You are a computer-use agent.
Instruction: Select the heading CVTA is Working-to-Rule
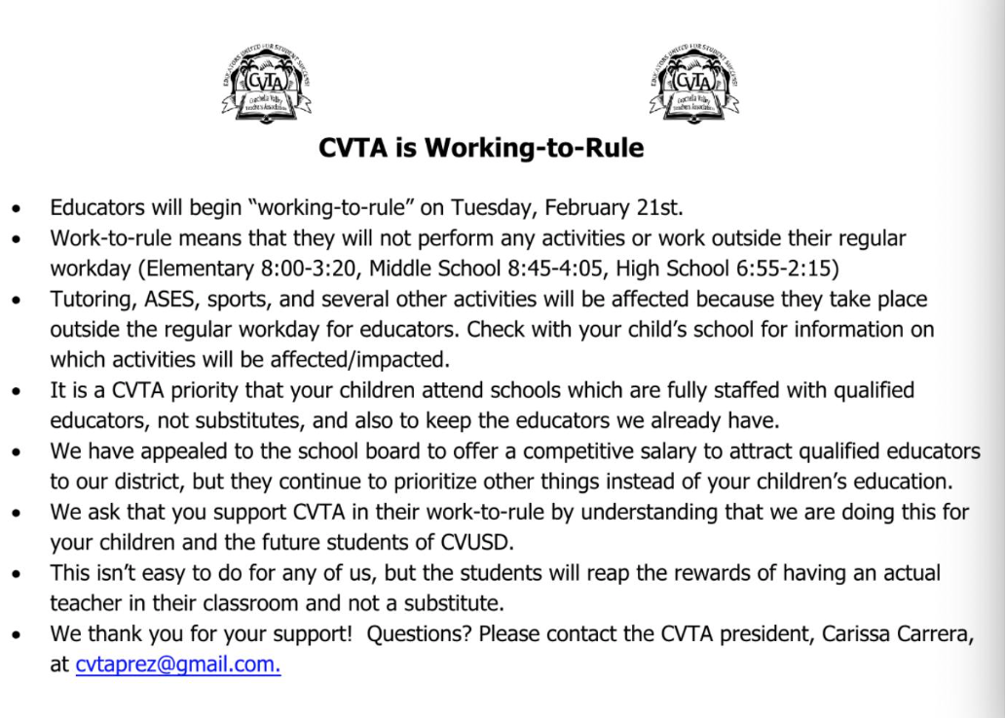481,149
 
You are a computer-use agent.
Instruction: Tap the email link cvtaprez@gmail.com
178,666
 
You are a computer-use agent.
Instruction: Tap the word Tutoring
90,299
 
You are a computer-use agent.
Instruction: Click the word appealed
176,451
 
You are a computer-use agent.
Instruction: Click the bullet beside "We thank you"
17,635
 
